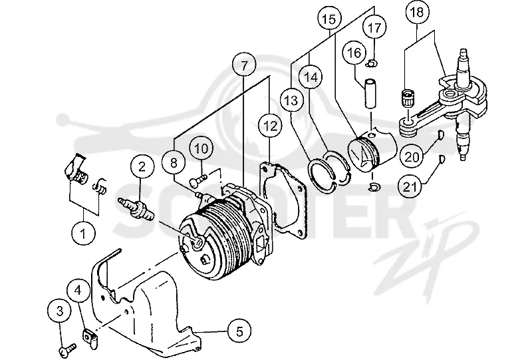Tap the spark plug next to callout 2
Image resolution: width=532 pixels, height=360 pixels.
click(136, 208)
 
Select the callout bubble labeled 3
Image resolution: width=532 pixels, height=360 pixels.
click(60, 311)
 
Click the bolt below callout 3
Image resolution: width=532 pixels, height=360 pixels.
click(68, 349)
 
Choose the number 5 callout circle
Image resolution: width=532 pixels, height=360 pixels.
click(239, 331)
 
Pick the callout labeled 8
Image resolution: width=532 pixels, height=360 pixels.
click(174, 162)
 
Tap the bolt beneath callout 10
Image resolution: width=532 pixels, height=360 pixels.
click(198, 179)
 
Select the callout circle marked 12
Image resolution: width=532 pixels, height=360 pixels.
click(270, 126)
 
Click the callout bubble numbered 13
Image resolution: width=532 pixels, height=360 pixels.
click(292, 100)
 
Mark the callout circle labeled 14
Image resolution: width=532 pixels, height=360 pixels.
click(311, 77)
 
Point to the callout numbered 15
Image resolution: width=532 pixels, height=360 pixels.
click(329, 19)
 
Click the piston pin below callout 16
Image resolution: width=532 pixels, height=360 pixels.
click(370, 93)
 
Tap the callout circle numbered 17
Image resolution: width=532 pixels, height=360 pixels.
click(374, 27)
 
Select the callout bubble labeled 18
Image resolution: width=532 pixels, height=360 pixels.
click(417, 13)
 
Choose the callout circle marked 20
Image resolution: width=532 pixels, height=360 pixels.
click(412, 156)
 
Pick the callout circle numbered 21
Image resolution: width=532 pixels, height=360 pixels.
click(410, 186)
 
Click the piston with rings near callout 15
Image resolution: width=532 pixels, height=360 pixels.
click(372, 150)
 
